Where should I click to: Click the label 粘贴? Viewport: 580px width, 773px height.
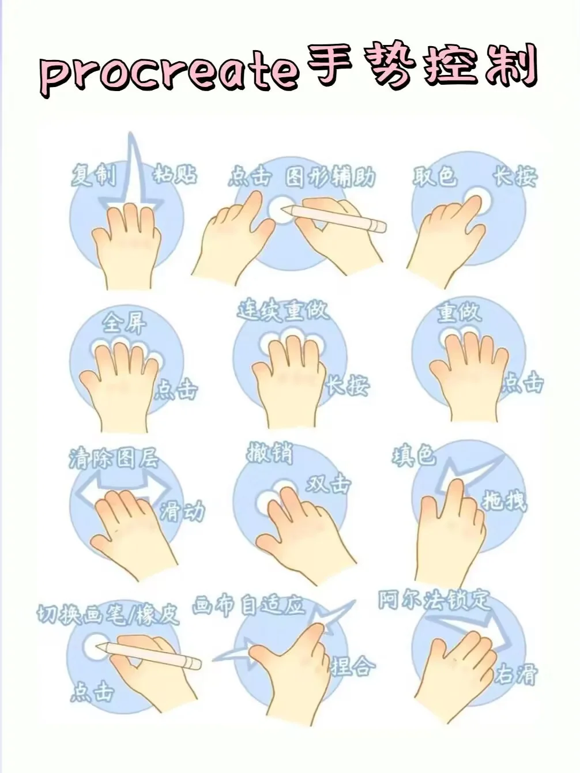pos(175,174)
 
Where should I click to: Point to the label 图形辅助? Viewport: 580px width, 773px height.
pos(330,176)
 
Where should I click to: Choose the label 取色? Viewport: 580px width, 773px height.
pos(435,176)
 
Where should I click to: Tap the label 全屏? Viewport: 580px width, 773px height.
pos(125,323)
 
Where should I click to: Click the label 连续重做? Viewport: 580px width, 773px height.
pos(283,310)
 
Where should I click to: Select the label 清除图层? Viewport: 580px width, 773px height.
pos(114,458)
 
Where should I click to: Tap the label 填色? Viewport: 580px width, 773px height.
pos(414,456)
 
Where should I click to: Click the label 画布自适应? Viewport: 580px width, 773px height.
pos(248,605)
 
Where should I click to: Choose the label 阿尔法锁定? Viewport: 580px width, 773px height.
pos(434,599)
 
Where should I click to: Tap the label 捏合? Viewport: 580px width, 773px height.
pos(353,666)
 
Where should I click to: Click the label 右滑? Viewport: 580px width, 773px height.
pos(516,674)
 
